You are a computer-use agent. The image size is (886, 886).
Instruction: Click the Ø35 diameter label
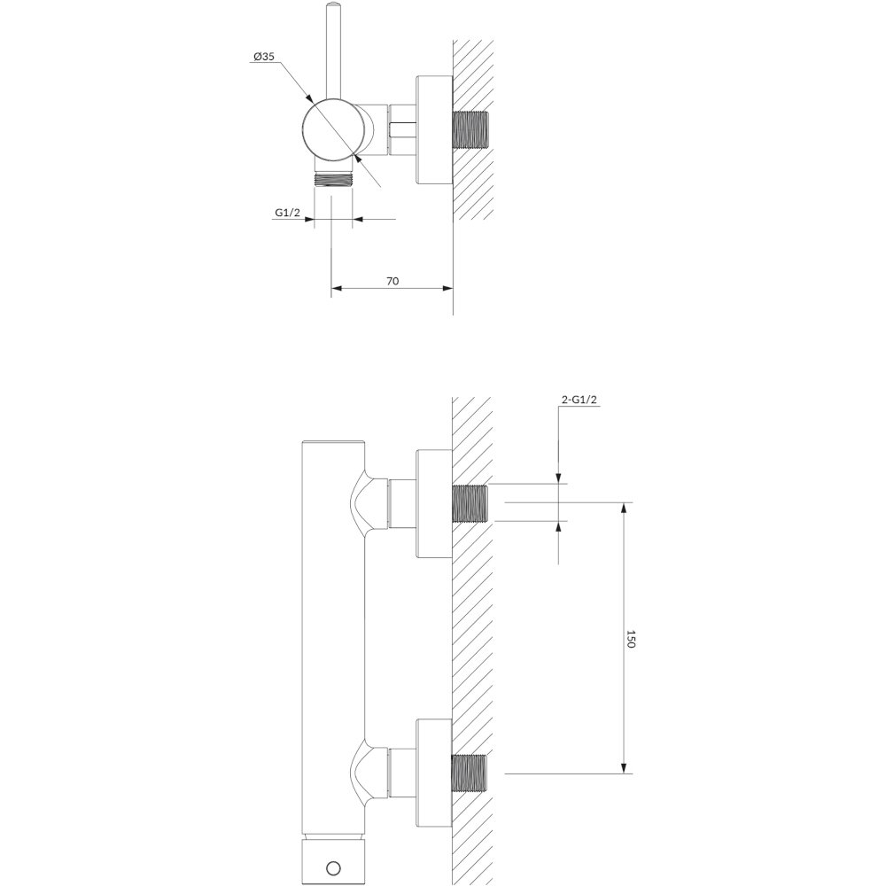tap(264, 57)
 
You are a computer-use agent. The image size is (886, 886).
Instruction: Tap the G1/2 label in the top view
tap(288, 213)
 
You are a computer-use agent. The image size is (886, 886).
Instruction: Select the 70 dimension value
tap(392, 281)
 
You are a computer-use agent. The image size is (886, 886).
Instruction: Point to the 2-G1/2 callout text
tap(579, 400)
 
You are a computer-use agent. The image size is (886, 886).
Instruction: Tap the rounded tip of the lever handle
tap(333, 7)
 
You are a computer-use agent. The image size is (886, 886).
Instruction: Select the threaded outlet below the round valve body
tap(333, 180)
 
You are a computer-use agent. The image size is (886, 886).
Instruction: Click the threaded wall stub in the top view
tap(470, 129)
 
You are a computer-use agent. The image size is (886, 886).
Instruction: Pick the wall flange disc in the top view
tap(434, 129)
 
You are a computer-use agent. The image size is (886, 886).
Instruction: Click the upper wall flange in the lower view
tap(434, 504)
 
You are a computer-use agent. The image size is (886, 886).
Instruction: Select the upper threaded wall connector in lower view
tap(470, 503)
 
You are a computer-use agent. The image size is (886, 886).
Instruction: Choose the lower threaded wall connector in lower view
tap(470, 773)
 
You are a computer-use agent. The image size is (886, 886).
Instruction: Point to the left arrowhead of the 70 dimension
tap(337, 288)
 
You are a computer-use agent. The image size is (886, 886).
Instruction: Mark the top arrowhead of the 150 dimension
tap(623, 508)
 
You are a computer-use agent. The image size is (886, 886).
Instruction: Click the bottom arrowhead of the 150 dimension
tap(623, 766)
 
